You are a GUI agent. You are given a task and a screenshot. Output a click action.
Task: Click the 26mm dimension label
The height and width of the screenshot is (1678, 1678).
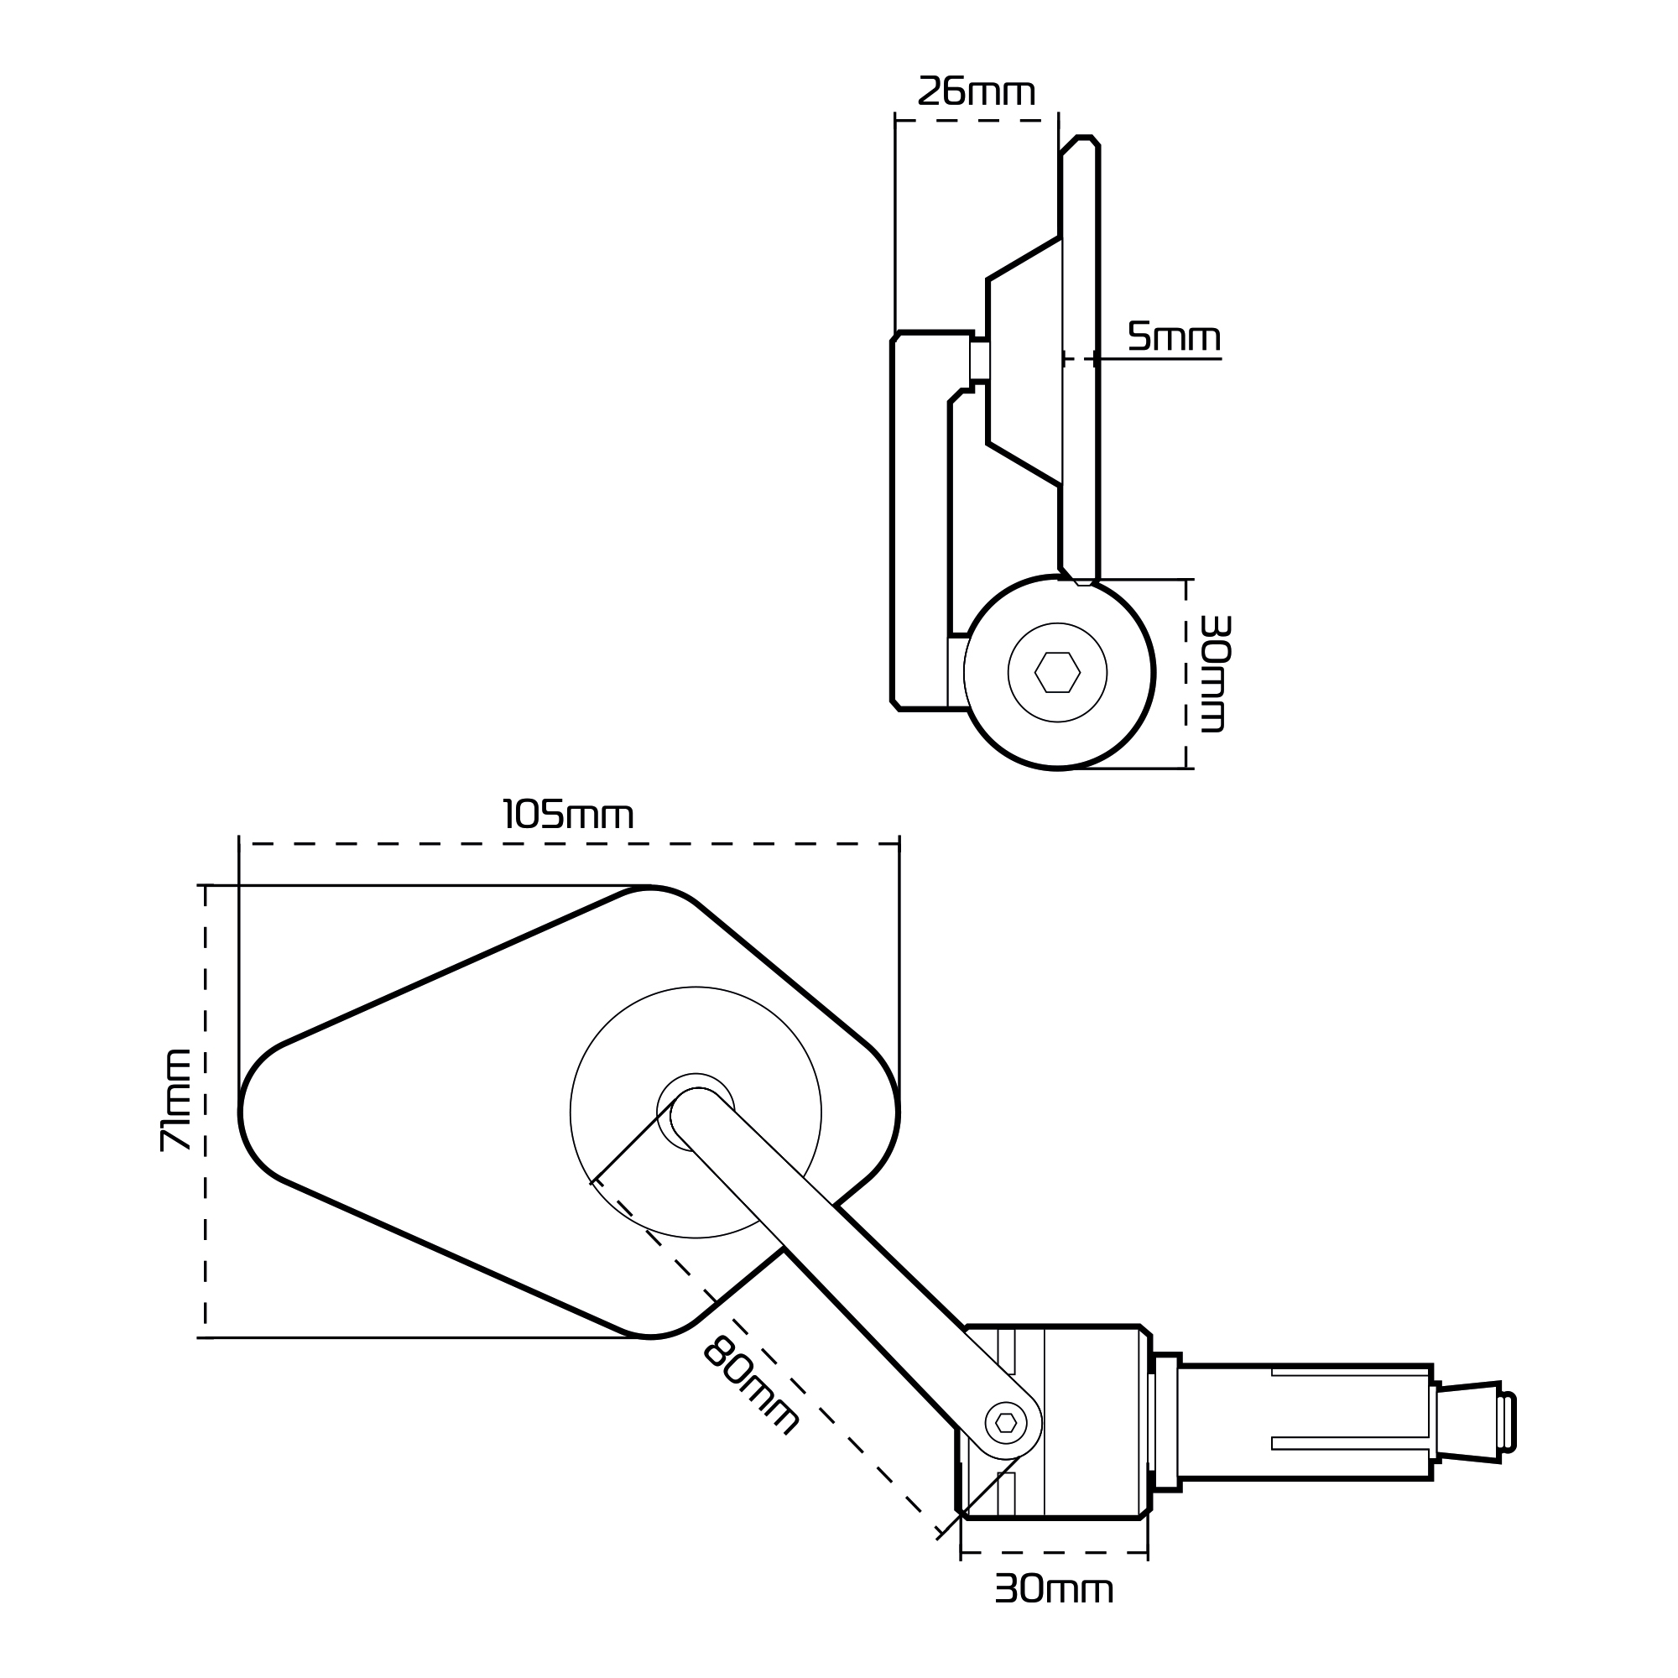tap(977, 92)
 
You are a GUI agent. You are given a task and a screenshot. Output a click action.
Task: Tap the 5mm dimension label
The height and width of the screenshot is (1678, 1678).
tap(1174, 337)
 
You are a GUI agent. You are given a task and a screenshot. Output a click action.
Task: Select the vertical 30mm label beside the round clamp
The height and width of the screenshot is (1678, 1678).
tap(1214, 673)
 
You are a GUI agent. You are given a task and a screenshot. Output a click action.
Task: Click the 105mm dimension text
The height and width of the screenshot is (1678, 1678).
tap(568, 816)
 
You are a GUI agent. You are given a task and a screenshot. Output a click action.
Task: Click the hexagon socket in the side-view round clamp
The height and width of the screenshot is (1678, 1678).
tap(1057, 672)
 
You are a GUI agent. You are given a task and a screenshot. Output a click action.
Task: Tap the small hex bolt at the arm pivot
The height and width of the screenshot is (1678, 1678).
tap(1006, 1423)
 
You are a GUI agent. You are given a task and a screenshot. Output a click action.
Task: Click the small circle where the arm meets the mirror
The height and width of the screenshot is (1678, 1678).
tap(695, 1112)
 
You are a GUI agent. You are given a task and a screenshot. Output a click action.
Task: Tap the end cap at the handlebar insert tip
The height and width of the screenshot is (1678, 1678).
tap(1509, 1434)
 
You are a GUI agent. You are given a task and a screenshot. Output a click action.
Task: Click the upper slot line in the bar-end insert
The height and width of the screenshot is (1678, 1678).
tap(1351, 1398)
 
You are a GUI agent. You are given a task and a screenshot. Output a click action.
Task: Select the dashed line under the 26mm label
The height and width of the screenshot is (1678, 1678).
tap(977, 121)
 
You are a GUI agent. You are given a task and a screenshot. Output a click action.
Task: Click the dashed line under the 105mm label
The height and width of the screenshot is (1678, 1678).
tap(568, 843)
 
